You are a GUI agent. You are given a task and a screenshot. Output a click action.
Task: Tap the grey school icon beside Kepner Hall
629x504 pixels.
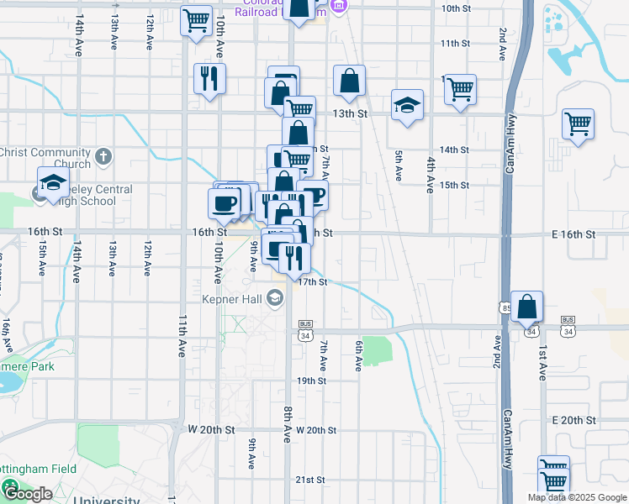(274, 297)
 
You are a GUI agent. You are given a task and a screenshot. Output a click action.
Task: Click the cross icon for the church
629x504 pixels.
(103, 156)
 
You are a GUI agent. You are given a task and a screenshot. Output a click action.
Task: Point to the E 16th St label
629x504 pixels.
(573, 234)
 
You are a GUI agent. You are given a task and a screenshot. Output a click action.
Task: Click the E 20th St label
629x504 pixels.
(573, 419)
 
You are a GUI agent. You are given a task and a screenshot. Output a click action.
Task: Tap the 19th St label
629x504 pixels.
(310, 381)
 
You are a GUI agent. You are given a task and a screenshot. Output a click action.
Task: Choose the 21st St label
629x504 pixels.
(310, 480)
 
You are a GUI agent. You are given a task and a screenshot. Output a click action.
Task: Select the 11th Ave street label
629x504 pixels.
(182, 337)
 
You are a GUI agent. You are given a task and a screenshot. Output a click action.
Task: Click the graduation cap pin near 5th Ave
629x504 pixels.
(407, 105)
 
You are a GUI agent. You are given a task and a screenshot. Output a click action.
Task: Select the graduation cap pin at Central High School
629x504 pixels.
(52, 183)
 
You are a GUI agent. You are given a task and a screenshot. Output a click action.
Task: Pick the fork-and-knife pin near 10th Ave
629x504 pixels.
(209, 79)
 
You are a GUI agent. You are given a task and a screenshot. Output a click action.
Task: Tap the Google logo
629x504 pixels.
(28, 493)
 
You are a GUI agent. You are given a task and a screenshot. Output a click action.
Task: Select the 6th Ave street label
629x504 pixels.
(358, 356)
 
